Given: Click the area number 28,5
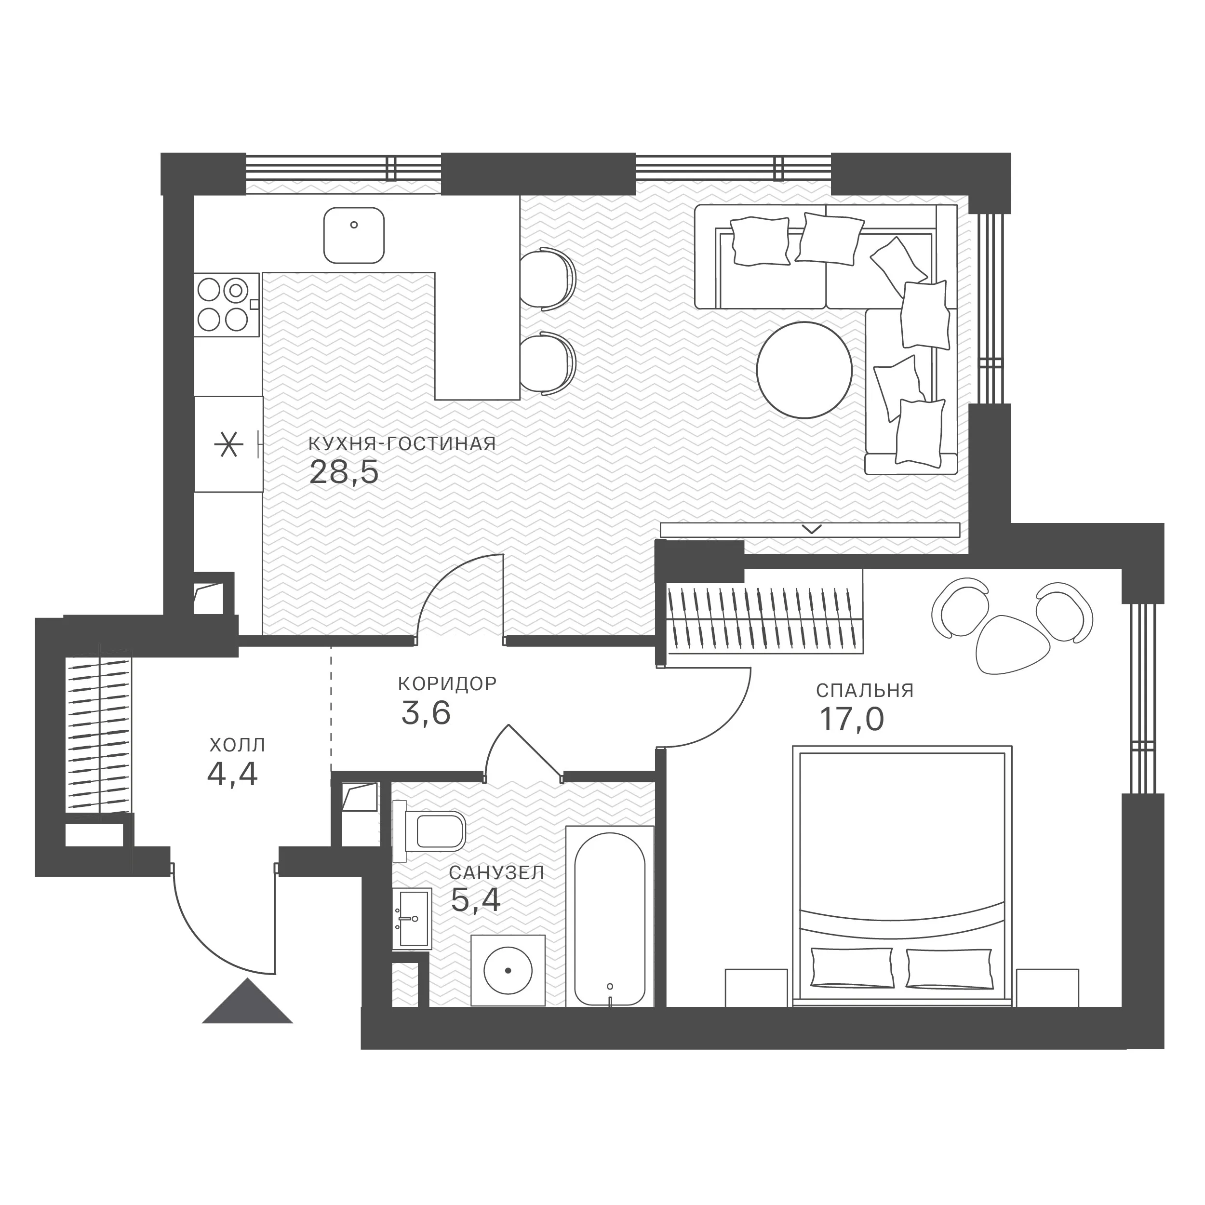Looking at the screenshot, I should (344, 473).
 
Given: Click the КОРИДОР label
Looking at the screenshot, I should (447, 683).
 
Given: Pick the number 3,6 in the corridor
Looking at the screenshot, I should (426, 713).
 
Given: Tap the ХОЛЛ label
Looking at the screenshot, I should (237, 745).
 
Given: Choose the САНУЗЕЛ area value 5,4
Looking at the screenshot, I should (475, 900).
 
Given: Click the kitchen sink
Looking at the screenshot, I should (354, 235).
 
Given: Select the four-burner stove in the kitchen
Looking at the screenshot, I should (226, 304).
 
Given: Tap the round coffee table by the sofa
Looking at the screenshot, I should (804, 370).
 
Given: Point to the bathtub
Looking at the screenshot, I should (609, 916).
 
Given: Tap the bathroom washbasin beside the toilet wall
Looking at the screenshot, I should (412, 918).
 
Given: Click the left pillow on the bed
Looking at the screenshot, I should (852, 966).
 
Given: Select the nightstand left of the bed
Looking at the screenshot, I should (756, 987).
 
